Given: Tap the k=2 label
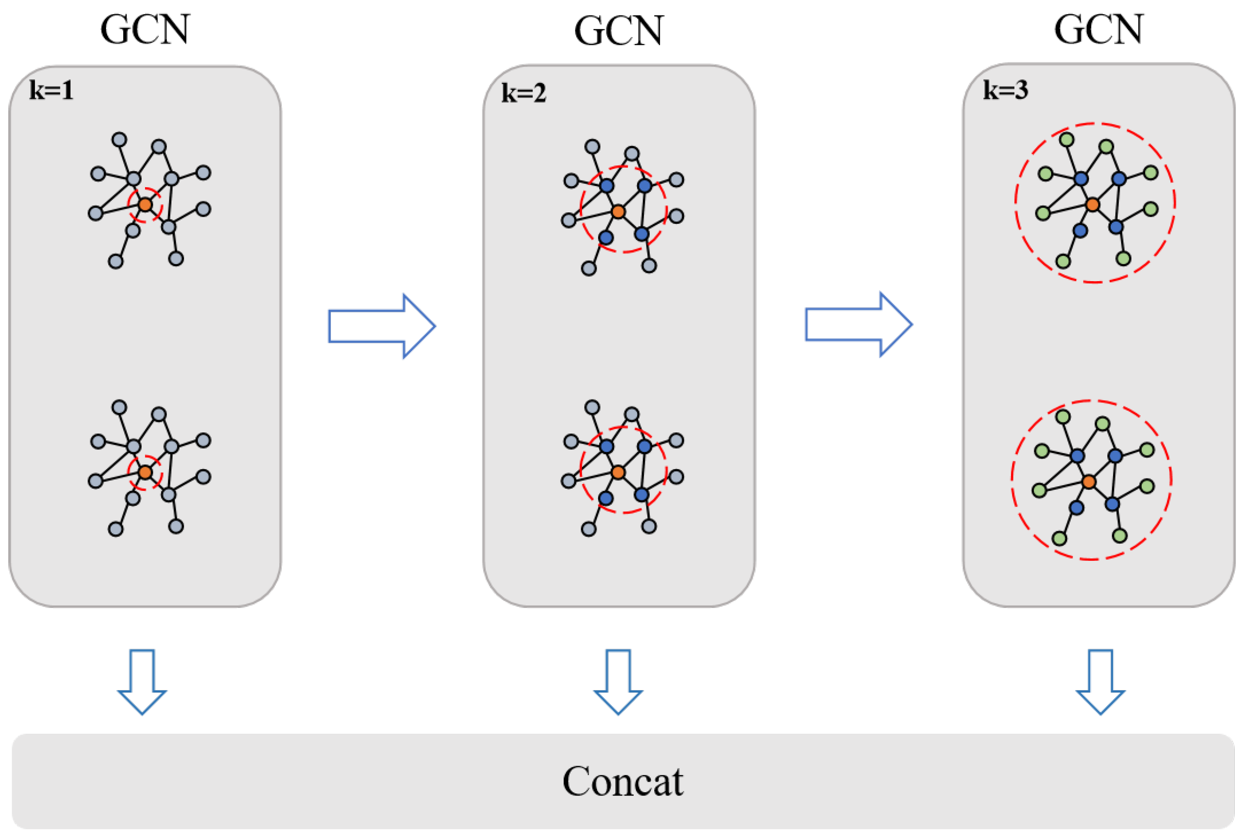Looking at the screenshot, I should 523,94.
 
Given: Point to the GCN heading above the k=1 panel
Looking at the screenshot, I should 145,30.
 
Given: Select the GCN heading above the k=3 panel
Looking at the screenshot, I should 1098,30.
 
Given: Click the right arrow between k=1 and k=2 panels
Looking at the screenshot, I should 381,326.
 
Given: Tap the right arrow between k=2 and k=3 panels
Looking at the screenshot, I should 858,324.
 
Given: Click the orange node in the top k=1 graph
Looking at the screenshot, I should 145,204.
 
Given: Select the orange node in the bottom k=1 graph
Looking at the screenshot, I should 145,472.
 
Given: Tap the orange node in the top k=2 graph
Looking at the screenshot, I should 618,212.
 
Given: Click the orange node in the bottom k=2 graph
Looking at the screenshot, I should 618,472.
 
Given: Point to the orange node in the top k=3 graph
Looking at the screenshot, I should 1092,204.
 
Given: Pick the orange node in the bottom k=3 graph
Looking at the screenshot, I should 1089,481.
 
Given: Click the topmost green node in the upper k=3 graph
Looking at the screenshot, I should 1067,140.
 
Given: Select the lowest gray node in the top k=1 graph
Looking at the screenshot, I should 116,262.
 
